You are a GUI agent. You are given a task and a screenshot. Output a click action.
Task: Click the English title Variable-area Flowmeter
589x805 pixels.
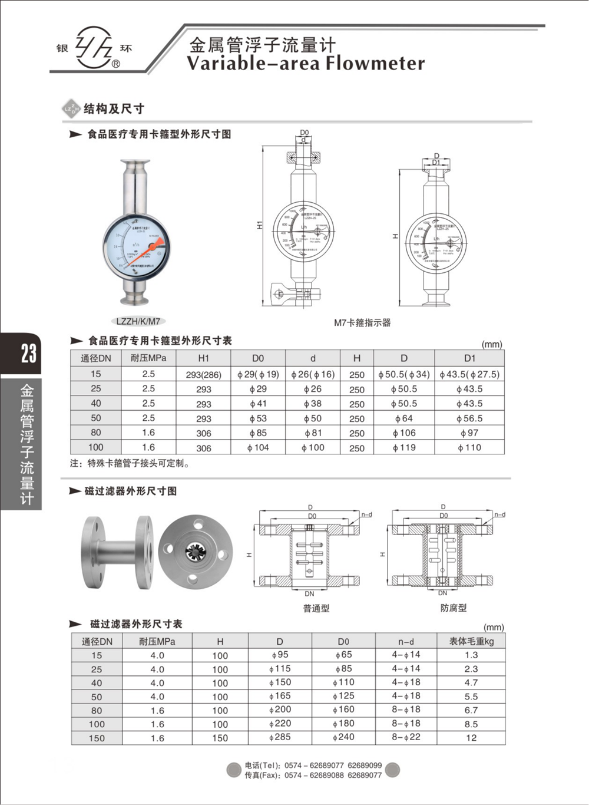pyautogui.click(x=305, y=63)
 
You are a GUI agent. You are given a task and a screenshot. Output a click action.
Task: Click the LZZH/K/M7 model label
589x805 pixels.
pyautogui.click(x=138, y=321)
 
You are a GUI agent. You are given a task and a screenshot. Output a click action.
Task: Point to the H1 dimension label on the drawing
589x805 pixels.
pyautogui.click(x=260, y=225)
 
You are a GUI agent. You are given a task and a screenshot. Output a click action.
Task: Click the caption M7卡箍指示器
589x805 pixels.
pyautogui.click(x=362, y=323)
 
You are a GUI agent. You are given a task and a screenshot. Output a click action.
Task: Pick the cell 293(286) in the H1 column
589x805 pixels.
pyautogui.click(x=203, y=375)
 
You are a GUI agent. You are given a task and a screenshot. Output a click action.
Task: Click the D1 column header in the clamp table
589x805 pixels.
pyautogui.click(x=469, y=358)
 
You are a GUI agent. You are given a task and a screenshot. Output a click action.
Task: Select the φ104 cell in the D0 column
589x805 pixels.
pyautogui.click(x=258, y=448)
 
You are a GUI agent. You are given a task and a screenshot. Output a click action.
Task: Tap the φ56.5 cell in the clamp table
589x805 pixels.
pyautogui.click(x=469, y=418)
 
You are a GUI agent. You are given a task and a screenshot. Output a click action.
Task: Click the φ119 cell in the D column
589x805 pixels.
pyautogui.click(x=403, y=448)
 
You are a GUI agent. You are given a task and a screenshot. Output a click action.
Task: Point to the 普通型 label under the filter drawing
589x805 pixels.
pyautogui.click(x=316, y=608)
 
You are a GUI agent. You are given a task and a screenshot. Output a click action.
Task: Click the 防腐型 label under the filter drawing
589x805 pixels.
pyautogui.click(x=453, y=608)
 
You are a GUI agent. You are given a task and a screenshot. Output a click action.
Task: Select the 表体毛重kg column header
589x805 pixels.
pyautogui.click(x=471, y=641)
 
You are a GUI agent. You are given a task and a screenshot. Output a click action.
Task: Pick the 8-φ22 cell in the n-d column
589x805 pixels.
pyautogui.click(x=406, y=737)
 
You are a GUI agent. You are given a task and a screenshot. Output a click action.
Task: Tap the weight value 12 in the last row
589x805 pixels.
pyautogui.click(x=471, y=738)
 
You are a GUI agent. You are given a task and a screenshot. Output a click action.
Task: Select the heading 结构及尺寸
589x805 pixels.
pyautogui.click(x=114, y=109)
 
